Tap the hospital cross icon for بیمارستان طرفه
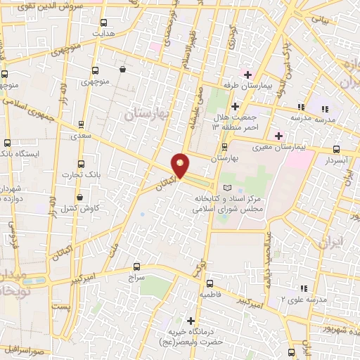click(x=248, y=75)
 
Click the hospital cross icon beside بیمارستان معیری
click(x=279, y=136)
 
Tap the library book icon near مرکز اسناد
click(x=226, y=188)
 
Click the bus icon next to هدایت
click(x=104, y=22)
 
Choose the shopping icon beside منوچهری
click(x=124, y=70)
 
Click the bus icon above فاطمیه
click(x=210, y=283)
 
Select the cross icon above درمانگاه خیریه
click(x=190, y=321)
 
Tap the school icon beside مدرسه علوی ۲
click(x=304, y=288)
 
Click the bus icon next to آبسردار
click(x=337, y=149)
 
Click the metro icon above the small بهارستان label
click(x=224, y=147)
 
